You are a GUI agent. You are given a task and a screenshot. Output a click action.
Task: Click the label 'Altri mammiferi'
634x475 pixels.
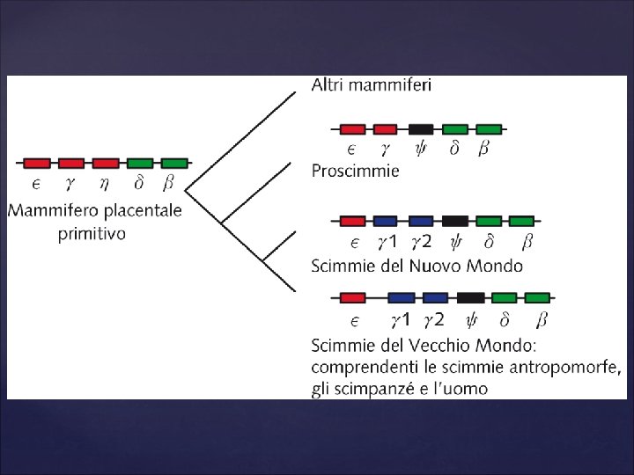pos(371,85)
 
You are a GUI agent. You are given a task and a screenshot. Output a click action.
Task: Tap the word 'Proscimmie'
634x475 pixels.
pos(355,171)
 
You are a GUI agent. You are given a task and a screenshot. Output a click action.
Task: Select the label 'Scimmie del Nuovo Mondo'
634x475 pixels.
pos(417,265)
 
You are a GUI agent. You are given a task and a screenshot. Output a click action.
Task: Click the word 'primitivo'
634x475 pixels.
pos(92,233)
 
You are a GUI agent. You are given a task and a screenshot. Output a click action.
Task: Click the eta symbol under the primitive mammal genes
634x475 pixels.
pos(105,184)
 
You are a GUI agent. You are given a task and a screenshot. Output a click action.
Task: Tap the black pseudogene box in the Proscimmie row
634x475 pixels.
pos(421,129)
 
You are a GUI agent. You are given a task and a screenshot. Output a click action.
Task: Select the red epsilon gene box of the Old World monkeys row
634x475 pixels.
pos(352,297)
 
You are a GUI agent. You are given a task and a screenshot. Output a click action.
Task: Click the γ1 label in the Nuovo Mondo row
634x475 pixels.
pos(387,241)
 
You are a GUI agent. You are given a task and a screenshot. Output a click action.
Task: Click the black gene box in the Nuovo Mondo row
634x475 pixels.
pos(455,221)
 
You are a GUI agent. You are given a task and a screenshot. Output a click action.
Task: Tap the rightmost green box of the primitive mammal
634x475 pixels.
pos(174,164)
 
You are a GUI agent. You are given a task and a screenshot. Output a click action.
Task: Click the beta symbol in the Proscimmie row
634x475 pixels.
pos(483,149)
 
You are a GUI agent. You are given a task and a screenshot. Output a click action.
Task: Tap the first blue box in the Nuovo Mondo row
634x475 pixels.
pos(386,221)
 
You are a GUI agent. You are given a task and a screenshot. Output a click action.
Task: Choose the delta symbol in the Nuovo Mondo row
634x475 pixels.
pos(490,241)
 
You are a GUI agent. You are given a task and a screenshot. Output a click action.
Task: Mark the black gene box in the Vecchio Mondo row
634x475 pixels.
pos(470,297)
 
